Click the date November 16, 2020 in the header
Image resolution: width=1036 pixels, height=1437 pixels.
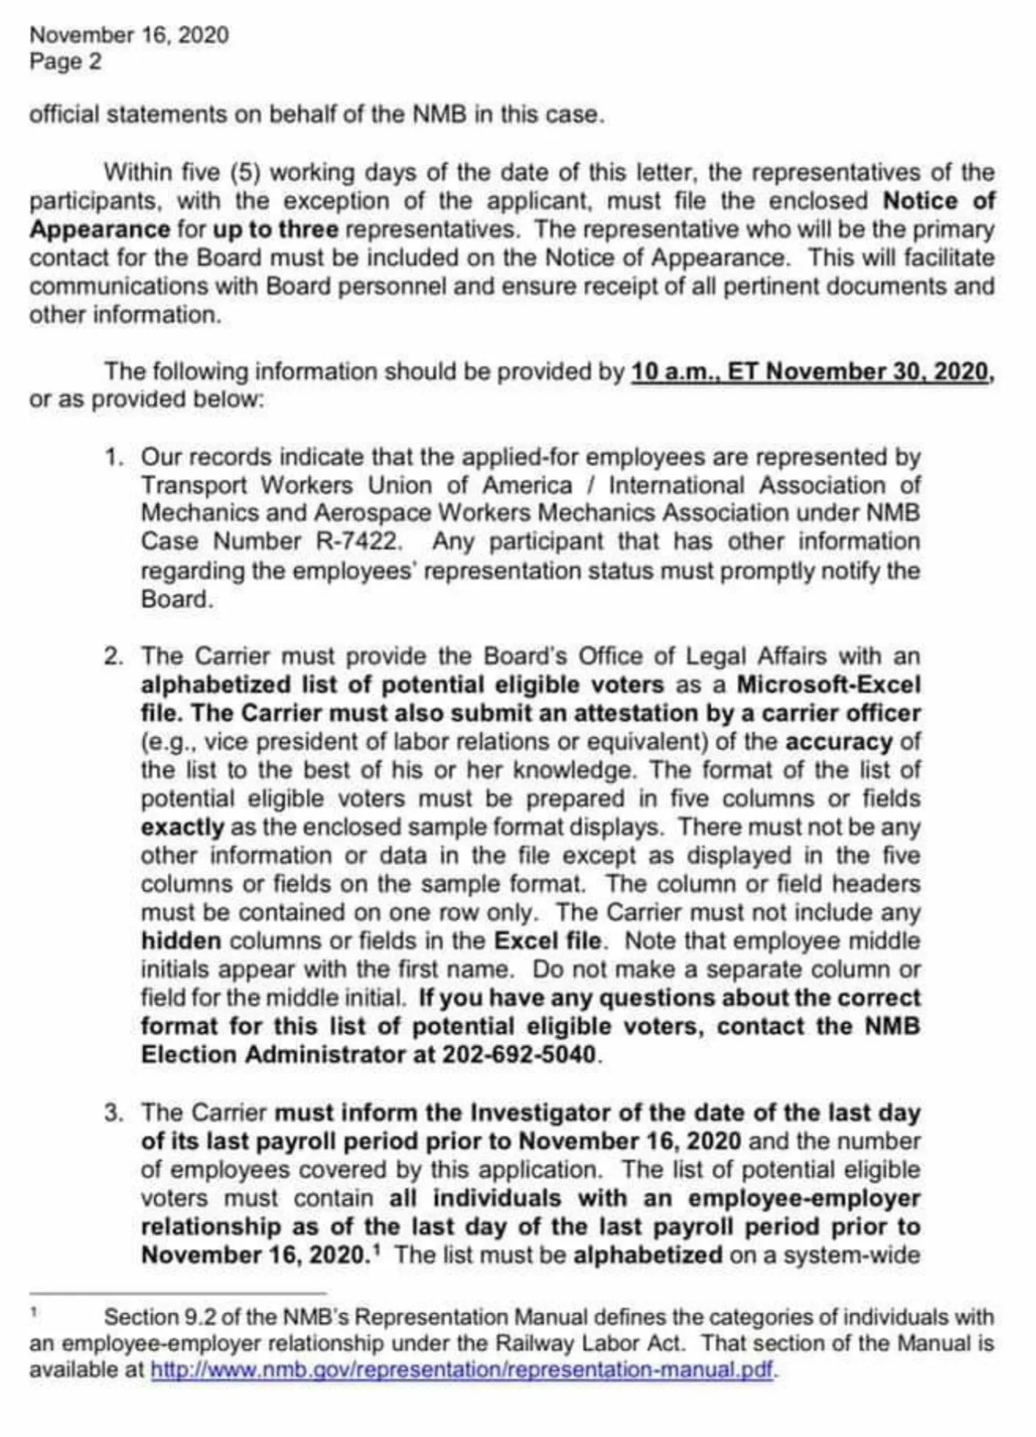[x=129, y=35]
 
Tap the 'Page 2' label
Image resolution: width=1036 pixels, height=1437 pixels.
[x=65, y=62]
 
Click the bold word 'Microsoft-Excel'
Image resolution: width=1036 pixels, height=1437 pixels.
[x=828, y=685]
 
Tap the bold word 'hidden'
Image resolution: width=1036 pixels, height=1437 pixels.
[x=181, y=940]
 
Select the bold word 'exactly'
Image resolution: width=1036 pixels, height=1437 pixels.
[x=182, y=828]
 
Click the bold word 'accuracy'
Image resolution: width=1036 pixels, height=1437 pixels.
[x=838, y=741]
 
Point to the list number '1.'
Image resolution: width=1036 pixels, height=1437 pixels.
[x=115, y=457]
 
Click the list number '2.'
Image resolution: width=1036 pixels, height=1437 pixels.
[x=114, y=657]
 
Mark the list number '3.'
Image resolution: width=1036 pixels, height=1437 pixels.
[x=114, y=1113]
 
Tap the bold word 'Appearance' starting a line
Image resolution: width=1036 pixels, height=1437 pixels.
[x=100, y=230]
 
